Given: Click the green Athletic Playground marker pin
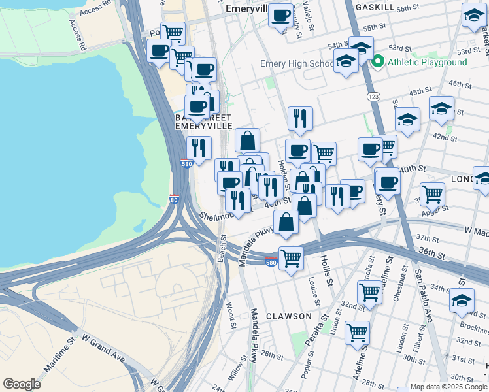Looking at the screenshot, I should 377,63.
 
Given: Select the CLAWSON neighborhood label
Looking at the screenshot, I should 288,316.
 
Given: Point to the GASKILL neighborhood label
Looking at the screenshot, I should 375,7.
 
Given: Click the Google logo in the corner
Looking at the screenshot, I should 22,384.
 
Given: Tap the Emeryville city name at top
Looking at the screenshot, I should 247,10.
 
